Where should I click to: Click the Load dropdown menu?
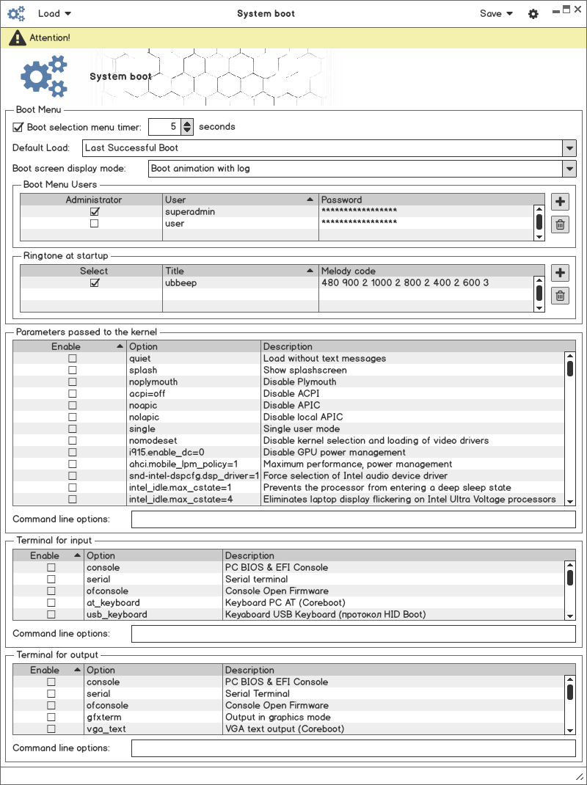point(54,13)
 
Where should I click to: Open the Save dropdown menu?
point(496,13)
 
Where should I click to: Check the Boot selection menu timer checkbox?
point(18,127)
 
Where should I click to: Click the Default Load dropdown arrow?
point(569,147)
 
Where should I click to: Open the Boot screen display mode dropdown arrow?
point(569,168)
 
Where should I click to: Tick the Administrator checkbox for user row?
point(94,224)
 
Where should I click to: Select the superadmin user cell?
point(190,212)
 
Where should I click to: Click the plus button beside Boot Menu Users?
point(560,202)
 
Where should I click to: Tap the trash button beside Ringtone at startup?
point(560,296)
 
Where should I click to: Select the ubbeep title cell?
point(181,282)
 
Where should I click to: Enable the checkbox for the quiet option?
point(73,359)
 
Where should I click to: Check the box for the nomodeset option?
point(73,441)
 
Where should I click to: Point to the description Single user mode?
point(302,429)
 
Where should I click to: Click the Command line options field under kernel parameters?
point(353,519)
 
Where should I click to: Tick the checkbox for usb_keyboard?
point(51,615)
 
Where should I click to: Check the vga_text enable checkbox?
point(51,729)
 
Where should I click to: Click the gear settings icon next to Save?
point(533,14)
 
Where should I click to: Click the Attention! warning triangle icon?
point(17,37)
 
